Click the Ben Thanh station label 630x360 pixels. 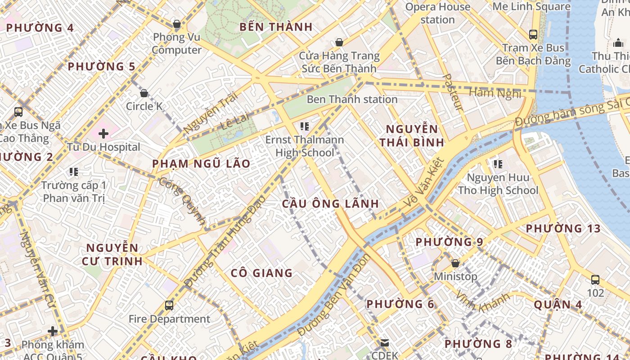click(x=352, y=99)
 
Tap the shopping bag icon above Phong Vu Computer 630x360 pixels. click(x=176, y=23)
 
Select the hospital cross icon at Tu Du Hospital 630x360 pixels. click(x=103, y=133)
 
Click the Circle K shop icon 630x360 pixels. click(x=144, y=93)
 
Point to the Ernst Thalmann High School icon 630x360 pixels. click(x=305, y=126)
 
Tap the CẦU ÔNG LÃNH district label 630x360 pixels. click(x=330, y=203)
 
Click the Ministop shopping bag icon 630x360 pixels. click(x=455, y=263)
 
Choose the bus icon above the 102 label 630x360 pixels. click(x=595, y=279)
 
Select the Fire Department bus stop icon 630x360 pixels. click(x=169, y=306)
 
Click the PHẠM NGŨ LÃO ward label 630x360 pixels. click(x=201, y=164)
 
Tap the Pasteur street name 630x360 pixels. click(x=453, y=92)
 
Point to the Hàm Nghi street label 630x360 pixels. click(x=495, y=93)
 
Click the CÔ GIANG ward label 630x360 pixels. click(x=261, y=273)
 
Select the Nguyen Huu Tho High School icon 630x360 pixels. click(x=498, y=164)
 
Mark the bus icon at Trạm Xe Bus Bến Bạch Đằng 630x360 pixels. click(x=533, y=34)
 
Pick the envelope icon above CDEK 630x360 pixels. click(x=385, y=343)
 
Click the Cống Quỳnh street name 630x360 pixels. click(x=183, y=201)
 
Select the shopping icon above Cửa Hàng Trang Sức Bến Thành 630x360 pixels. click(x=339, y=42)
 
